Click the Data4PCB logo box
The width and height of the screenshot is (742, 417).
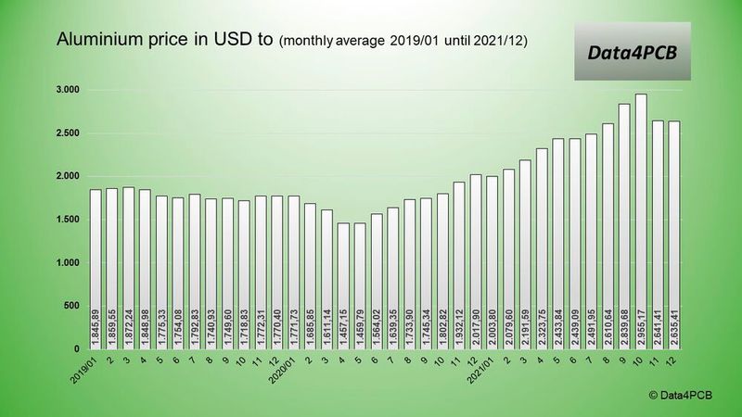pyautogui.click(x=640, y=53)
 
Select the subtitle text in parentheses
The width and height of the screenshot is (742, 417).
pyautogui.click(x=405, y=42)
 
